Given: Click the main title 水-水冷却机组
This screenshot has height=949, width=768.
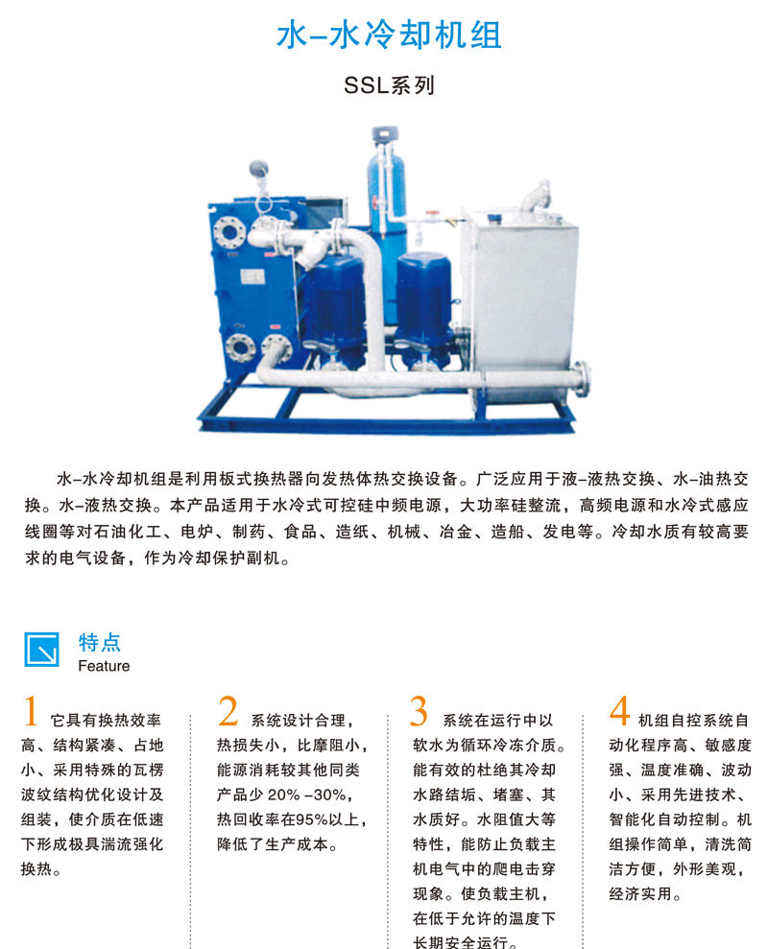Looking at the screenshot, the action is [389, 35].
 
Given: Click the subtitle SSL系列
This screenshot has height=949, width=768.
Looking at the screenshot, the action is [390, 85].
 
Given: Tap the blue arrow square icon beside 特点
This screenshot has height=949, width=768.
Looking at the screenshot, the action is [42, 650].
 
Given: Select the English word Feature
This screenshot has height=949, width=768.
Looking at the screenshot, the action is [104, 666].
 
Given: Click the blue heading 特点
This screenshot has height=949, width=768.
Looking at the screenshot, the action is [99, 642].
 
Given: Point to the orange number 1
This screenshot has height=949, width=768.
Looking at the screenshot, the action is [31, 710].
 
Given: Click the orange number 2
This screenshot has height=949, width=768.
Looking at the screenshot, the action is [228, 710].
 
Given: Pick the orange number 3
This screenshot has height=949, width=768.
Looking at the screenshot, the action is [419, 710].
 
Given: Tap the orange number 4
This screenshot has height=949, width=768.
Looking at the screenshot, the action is [619, 710].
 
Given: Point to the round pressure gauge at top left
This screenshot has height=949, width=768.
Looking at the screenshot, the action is [258, 168].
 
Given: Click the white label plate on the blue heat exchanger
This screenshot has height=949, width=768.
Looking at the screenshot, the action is [252, 277].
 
